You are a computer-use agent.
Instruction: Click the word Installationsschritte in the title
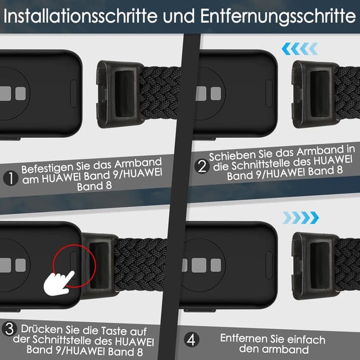coord(79,16)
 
